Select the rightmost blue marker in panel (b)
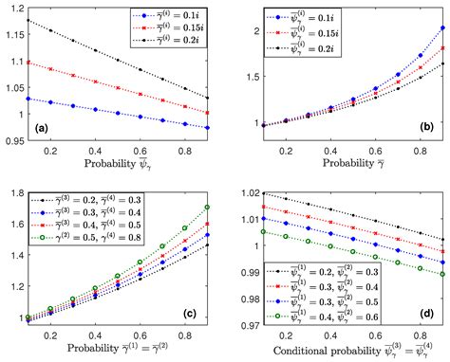click(441, 28)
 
